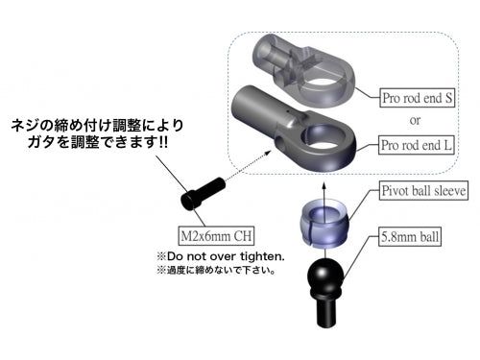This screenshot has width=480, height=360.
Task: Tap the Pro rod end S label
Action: coord(416,97)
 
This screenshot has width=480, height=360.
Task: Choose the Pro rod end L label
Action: coord(416,145)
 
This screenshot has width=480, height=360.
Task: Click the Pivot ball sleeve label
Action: coord(423,191)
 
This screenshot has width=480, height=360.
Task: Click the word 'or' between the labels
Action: coord(415,121)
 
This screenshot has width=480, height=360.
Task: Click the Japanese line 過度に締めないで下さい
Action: coord(215,271)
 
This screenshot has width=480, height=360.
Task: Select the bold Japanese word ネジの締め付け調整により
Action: coord(96,126)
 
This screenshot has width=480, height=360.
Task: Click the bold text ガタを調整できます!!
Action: coord(96,143)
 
